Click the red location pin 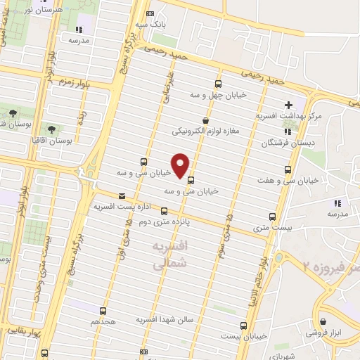point(181,165)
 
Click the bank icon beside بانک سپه point(150,13)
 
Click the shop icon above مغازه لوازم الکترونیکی point(205,120)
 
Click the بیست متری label point(270,228)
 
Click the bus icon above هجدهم point(103,310)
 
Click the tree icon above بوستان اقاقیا point(51,129)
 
